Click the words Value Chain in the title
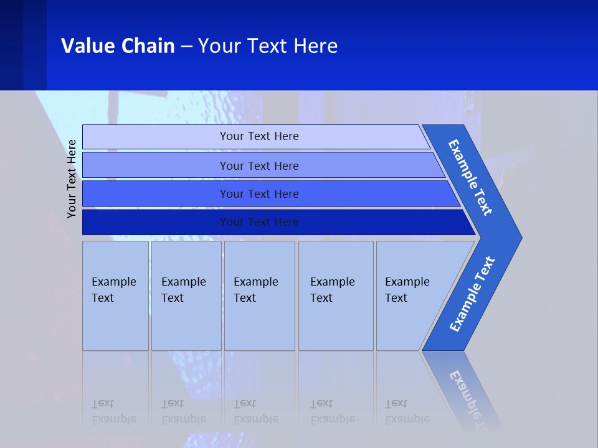(x=118, y=46)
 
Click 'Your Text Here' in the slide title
(x=268, y=46)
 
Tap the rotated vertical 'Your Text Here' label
(x=72, y=179)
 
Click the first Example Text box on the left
(x=115, y=296)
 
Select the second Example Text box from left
(x=186, y=296)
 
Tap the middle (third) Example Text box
(x=259, y=296)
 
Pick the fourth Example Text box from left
(x=335, y=296)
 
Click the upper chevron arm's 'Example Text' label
(x=470, y=177)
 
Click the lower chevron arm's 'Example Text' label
(x=472, y=294)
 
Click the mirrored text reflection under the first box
(x=113, y=411)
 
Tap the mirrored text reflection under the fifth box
(x=407, y=411)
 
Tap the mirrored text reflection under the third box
(x=255, y=411)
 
